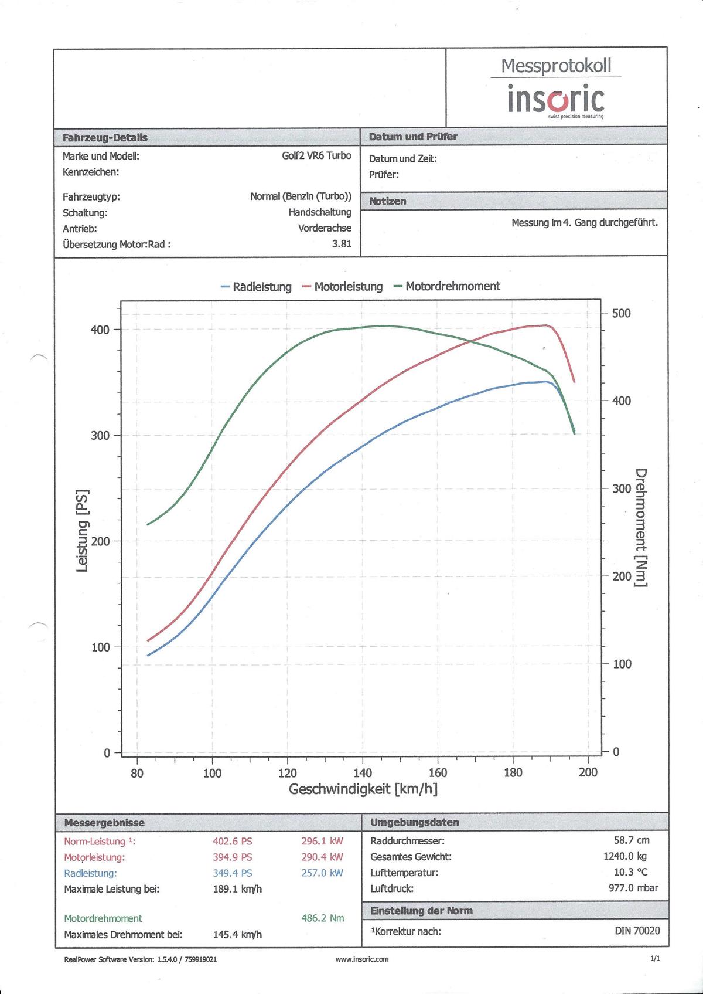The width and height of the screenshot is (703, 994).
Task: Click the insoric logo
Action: pos(555,100)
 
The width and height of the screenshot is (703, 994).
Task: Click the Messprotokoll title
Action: pos(556,66)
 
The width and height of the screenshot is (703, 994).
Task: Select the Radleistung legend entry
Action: pos(256,287)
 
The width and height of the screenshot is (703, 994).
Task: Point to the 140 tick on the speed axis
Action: pos(363,772)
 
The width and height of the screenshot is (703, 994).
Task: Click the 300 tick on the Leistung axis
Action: pos(100,435)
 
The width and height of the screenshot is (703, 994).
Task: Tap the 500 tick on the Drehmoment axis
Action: pos(621,313)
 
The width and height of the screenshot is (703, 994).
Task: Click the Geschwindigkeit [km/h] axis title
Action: pos(363,789)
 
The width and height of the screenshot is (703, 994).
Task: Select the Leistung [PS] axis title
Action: pos(83,530)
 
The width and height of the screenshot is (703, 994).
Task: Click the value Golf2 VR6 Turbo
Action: pos(316,156)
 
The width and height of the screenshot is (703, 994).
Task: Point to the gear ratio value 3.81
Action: pos(342,244)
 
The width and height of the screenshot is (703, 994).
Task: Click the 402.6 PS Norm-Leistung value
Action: pos(233,841)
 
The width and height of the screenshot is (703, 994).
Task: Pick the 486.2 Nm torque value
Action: pos(323,918)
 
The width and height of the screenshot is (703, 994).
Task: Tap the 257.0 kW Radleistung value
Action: pos(322,873)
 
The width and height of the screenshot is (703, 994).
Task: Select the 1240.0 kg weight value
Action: pos(625,856)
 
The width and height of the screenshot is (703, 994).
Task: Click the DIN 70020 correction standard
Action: pos(637,931)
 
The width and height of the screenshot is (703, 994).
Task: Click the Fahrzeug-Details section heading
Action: pos(105,138)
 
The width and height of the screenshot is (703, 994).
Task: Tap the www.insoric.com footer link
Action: pos(362,959)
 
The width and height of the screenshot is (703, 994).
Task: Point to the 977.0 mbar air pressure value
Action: pos(633,888)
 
